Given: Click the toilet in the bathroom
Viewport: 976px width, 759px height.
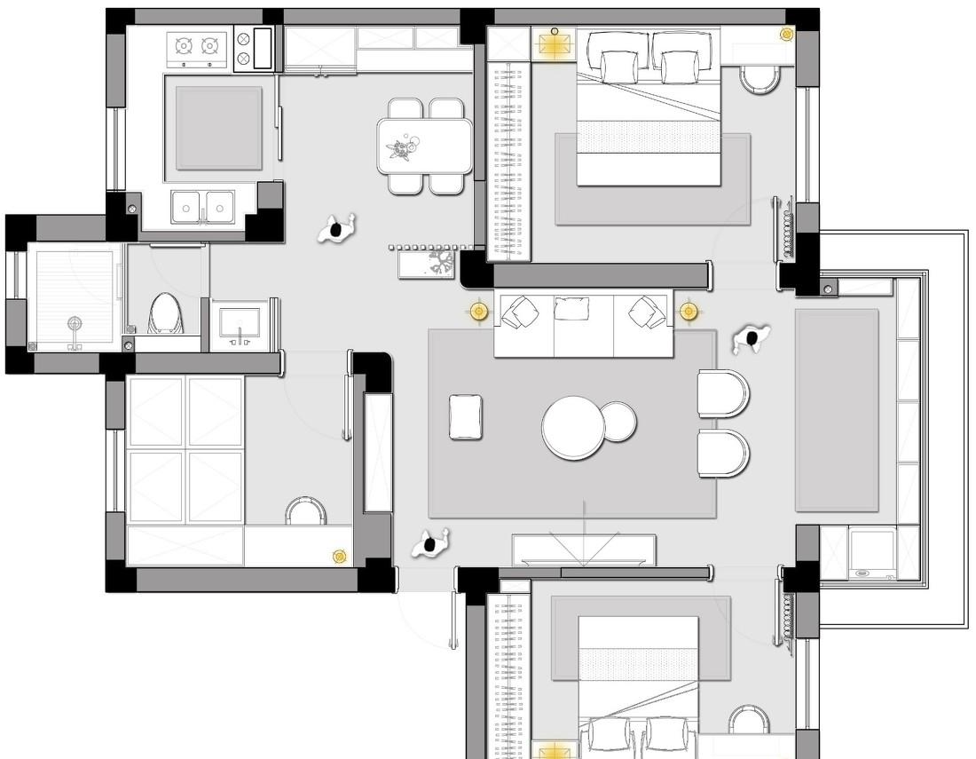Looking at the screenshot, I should click(163, 313).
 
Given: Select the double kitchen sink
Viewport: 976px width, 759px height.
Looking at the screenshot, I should click(203, 207).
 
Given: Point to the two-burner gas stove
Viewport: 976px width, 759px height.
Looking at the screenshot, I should click(197, 47).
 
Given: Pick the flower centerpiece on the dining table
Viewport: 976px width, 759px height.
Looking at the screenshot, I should click(406, 147).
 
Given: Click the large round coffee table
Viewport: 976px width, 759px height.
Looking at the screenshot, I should click(573, 428).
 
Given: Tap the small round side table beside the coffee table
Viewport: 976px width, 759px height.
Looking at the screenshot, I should click(618, 422).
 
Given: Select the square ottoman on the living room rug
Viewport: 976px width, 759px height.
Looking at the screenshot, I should click(466, 417).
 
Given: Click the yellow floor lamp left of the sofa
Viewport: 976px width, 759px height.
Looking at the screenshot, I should click(479, 311).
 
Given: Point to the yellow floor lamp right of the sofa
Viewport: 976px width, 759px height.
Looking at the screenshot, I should click(689, 312).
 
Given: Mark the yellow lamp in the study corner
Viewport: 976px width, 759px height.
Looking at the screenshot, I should click(339, 557).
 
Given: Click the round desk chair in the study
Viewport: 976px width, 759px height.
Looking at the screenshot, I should click(305, 511).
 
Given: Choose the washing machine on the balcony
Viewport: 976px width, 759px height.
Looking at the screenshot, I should click(870, 552).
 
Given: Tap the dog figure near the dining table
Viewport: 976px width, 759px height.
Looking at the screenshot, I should click(336, 229).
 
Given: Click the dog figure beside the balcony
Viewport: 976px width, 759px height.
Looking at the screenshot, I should click(752, 338).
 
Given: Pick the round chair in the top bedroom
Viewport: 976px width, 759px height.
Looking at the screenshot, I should click(760, 78).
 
